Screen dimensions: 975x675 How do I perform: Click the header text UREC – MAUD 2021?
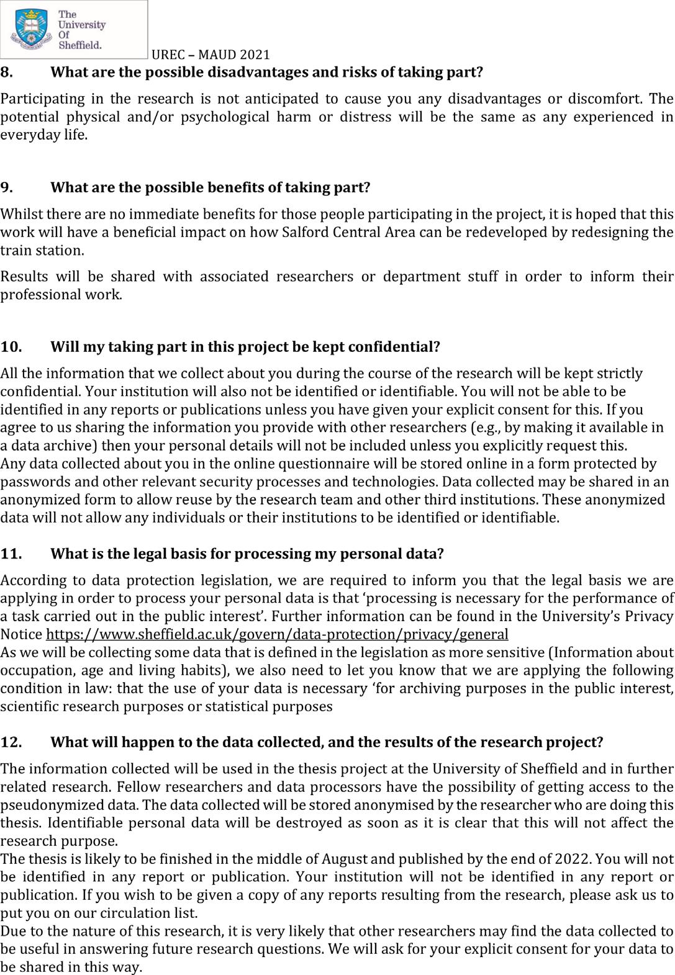pyautogui.click(x=211, y=55)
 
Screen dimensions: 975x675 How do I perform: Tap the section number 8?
pyautogui.click(x=6, y=71)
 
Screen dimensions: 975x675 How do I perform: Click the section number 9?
pyautogui.click(x=6, y=187)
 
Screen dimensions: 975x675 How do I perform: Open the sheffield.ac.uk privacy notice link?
pyautogui.click(x=277, y=634)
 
